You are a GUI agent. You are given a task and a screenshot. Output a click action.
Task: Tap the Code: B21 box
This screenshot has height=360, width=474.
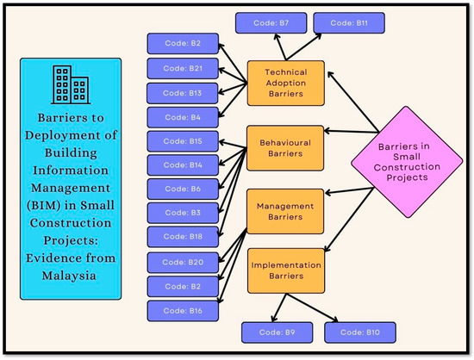[183, 68]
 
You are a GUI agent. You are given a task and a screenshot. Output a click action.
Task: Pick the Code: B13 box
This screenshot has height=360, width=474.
[183, 92]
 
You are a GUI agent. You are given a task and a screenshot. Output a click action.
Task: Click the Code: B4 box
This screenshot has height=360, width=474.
[183, 117]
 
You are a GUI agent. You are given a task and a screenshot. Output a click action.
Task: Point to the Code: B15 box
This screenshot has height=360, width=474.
[183, 141]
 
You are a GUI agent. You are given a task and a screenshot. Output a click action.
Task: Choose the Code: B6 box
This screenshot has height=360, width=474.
[183, 189]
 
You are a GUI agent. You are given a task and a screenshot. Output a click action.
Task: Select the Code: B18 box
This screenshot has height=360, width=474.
[183, 237]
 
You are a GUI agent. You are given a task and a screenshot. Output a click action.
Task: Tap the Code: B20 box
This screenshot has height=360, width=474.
[183, 262]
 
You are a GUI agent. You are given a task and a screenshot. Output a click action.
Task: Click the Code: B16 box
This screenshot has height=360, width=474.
[183, 311]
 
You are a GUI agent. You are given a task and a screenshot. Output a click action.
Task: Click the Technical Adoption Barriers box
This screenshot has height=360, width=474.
[285, 84]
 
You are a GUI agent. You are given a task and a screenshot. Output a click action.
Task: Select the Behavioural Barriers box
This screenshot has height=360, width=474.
[285, 147]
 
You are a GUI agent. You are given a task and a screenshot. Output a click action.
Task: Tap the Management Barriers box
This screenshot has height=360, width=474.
[285, 212]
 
